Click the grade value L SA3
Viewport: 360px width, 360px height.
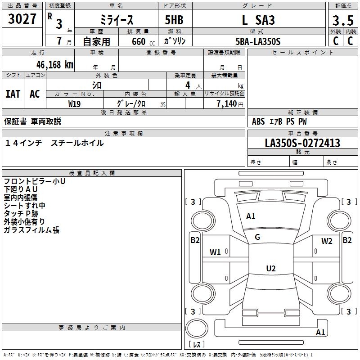[x=258, y=20]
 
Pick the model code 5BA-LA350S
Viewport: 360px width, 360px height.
[x=258, y=41]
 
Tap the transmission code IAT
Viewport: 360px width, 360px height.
[x=13, y=94]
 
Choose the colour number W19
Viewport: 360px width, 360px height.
[x=75, y=103]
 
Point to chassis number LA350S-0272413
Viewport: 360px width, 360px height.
[x=302, y=143]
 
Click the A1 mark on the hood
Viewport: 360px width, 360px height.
[x=251, y=216]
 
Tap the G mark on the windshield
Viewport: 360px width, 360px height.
[x=257, y=237]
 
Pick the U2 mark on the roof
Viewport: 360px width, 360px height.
[x=270, y=269]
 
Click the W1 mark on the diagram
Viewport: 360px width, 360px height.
[x=215, y=252]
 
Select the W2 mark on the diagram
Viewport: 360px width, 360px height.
[x=327, y=241]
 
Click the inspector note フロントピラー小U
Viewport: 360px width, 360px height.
[x=35, y=181]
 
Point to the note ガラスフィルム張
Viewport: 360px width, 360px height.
[x=31, y=230]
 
